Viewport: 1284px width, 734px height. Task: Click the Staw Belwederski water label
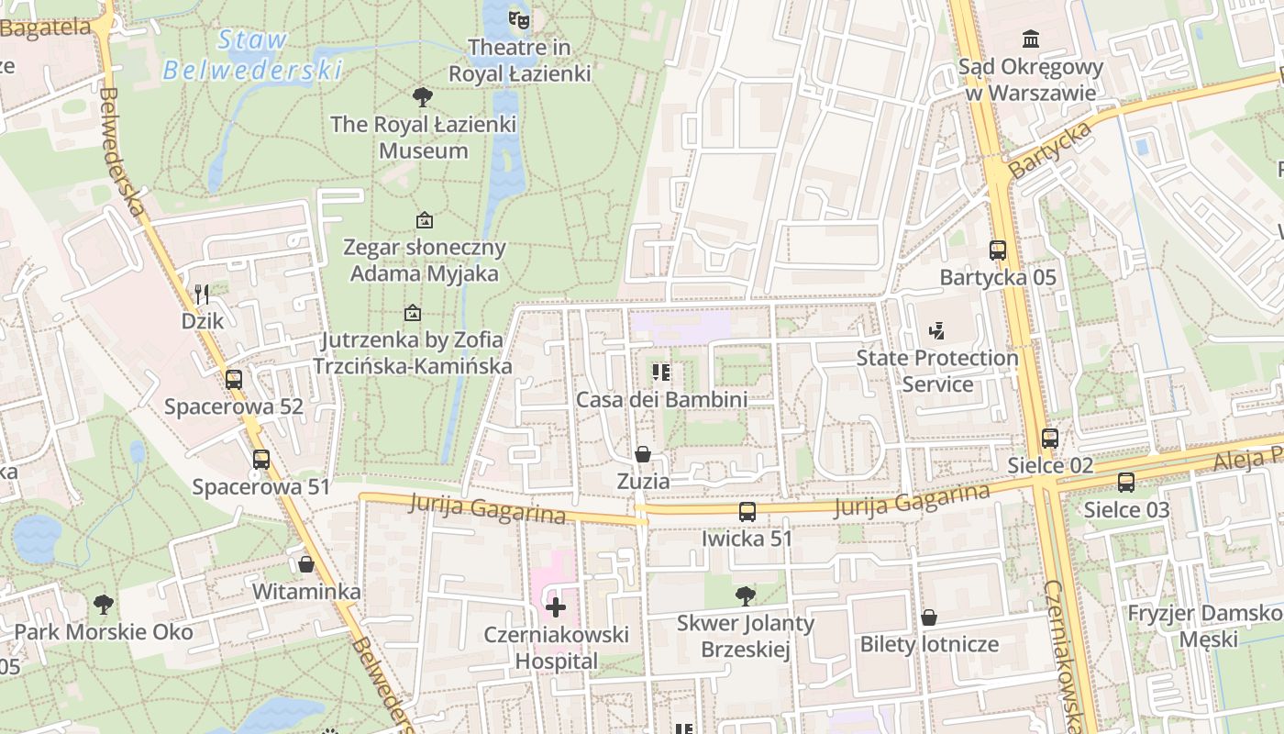click(251, 54)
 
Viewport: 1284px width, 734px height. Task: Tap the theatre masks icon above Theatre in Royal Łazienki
click(519, 18)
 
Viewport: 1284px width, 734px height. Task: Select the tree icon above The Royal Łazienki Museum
click(423, 96)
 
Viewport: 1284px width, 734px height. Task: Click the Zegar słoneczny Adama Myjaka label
click(425, 260)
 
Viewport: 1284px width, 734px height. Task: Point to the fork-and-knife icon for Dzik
click(203, 294)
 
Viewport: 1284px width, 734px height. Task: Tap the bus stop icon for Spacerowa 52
click(234, 379)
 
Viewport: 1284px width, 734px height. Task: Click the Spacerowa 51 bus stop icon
click(261, 460)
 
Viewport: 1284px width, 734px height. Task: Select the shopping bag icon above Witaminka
click(306, 563)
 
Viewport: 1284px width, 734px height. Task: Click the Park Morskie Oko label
click(104, 632)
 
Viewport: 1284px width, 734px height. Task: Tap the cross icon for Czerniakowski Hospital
click(556, 606)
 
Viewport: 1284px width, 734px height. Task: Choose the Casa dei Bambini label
click(661, 399)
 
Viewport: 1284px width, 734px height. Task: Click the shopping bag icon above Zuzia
click(643, 454)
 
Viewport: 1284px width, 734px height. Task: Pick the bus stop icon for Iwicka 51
click(747, 511)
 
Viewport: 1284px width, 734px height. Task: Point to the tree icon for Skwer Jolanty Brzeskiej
click(746, 596)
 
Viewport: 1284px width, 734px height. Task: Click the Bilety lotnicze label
click(928, 643)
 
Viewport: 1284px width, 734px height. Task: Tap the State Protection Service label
click(937, 371)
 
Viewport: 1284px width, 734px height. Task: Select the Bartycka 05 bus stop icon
click(998, 250)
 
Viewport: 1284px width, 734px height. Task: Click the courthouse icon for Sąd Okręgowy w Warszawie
click(1030, 39)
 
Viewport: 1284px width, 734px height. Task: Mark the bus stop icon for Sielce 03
click(1126, 482)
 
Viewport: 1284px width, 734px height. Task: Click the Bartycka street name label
click(1051, 150)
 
